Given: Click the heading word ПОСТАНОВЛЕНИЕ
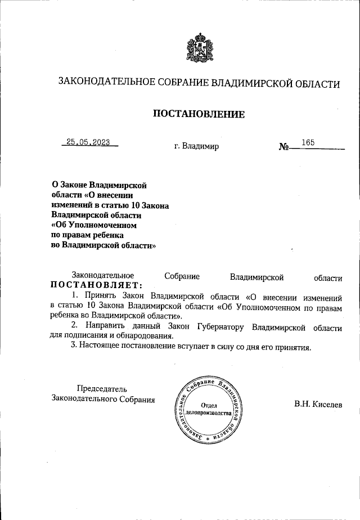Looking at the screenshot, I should pos(199,115).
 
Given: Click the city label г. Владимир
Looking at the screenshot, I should pos(196,146).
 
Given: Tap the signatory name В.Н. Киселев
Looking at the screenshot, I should pos(321,404).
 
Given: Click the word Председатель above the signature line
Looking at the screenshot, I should pos(102,388).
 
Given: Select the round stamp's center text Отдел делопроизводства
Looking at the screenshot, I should pos(209,409).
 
